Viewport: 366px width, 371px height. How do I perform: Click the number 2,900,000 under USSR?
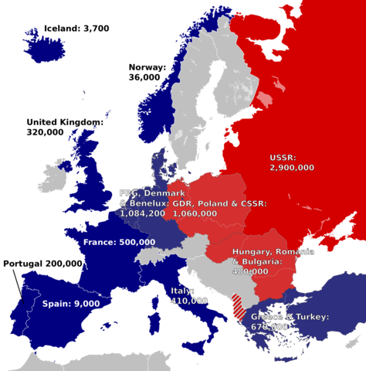[x=292, y=166]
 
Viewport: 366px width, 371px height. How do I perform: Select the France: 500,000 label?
[x=118, y=242]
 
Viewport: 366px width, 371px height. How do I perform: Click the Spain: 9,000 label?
[x=70, y=304]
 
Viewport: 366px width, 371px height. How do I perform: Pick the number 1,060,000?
[x=195, y=213]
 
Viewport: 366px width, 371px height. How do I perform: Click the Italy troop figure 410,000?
[x=188, y=300]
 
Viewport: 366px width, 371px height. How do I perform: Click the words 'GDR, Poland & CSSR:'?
[x=220, y=203]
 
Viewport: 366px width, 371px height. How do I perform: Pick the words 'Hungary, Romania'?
[x=273, y=253]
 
